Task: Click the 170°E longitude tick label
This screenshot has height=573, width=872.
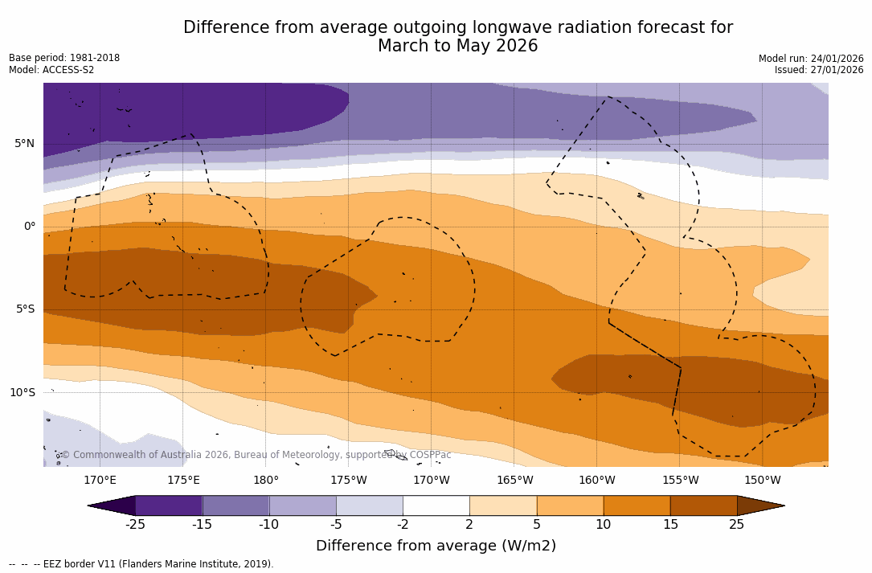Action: tap(100, 481)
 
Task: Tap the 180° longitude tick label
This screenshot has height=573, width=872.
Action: tap(265, 481)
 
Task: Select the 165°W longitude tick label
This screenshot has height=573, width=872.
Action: tap(514, 481)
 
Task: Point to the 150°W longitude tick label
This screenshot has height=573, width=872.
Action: tap(762, 481)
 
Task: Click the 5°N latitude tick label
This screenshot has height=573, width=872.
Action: tap(24, 144)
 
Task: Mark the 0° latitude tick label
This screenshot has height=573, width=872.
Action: tap(30, 227)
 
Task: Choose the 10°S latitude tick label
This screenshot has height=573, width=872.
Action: tap(22, 393)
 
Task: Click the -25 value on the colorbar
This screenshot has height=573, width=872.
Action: tap(135, 525)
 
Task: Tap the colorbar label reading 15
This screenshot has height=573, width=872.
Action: tap(670, 525)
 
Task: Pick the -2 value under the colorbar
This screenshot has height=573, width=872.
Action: tap(403, 525)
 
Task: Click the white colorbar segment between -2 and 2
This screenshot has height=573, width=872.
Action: tap(436, 505)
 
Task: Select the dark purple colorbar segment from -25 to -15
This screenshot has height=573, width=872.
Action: tap(169, 505)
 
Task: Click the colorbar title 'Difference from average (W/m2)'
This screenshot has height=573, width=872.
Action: tap(436, 546)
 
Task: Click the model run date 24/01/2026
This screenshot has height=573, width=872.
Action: tap(837, 59)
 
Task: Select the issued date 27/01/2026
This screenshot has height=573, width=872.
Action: tap(837, 71)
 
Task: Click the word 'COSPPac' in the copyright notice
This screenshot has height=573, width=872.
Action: tap(430, 456)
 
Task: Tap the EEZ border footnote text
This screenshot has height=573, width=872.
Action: tap(153, 564)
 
